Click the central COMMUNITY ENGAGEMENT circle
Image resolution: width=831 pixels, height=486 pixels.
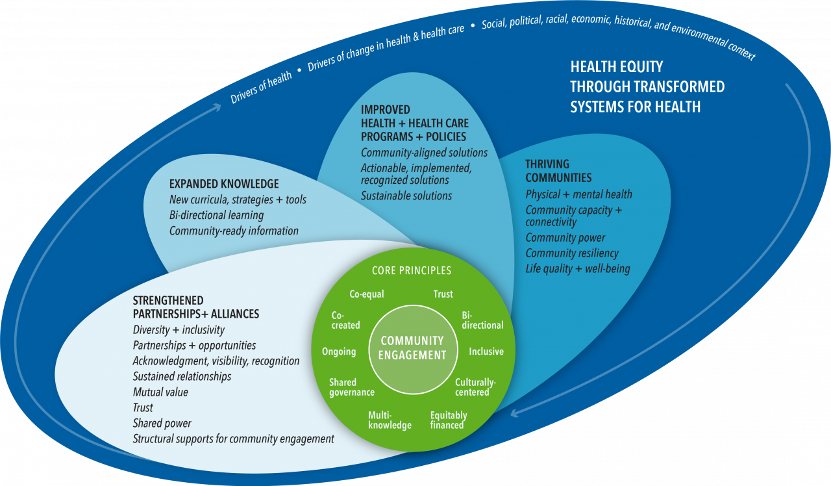(412, 347)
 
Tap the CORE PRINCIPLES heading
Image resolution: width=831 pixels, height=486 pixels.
(412, 270)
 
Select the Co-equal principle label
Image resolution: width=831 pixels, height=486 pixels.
(367, 294)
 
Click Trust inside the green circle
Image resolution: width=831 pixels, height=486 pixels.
(443, 294)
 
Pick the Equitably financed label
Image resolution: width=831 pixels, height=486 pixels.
(448, 420)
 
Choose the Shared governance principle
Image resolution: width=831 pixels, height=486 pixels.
(351, 387)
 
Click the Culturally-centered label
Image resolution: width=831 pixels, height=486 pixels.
(475, 387)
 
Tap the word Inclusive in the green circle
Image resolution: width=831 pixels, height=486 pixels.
(486, 352)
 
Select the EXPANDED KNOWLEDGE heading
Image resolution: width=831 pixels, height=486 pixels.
(224, 184)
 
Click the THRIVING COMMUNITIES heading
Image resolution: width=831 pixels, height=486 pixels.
(558, 170)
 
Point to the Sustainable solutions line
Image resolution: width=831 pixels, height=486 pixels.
(406, 196)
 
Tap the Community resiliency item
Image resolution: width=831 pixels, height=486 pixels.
(572, 253)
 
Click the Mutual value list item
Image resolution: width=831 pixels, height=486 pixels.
(160, 392)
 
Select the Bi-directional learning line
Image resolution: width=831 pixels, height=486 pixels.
(216, 215)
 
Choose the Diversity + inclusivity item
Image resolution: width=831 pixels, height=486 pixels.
(179, 329)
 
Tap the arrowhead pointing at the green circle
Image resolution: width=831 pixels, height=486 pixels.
(517, 411)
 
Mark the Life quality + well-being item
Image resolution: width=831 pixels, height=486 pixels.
(578, 268)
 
